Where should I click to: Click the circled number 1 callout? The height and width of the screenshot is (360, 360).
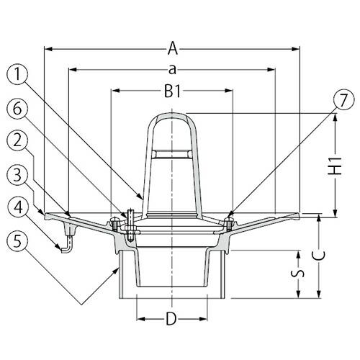[20, 73]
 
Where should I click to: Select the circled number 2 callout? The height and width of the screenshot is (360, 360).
[20, 141]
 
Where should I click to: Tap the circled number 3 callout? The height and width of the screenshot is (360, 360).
[20, 174]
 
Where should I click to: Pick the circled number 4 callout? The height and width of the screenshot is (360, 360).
[20, 207]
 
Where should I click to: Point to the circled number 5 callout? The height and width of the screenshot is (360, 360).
[20, 240]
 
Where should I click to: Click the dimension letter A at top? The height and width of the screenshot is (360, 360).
[173, 49]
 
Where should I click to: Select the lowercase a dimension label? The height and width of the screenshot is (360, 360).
[173, 70]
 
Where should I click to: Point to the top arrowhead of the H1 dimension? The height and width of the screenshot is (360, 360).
[335, 117]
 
